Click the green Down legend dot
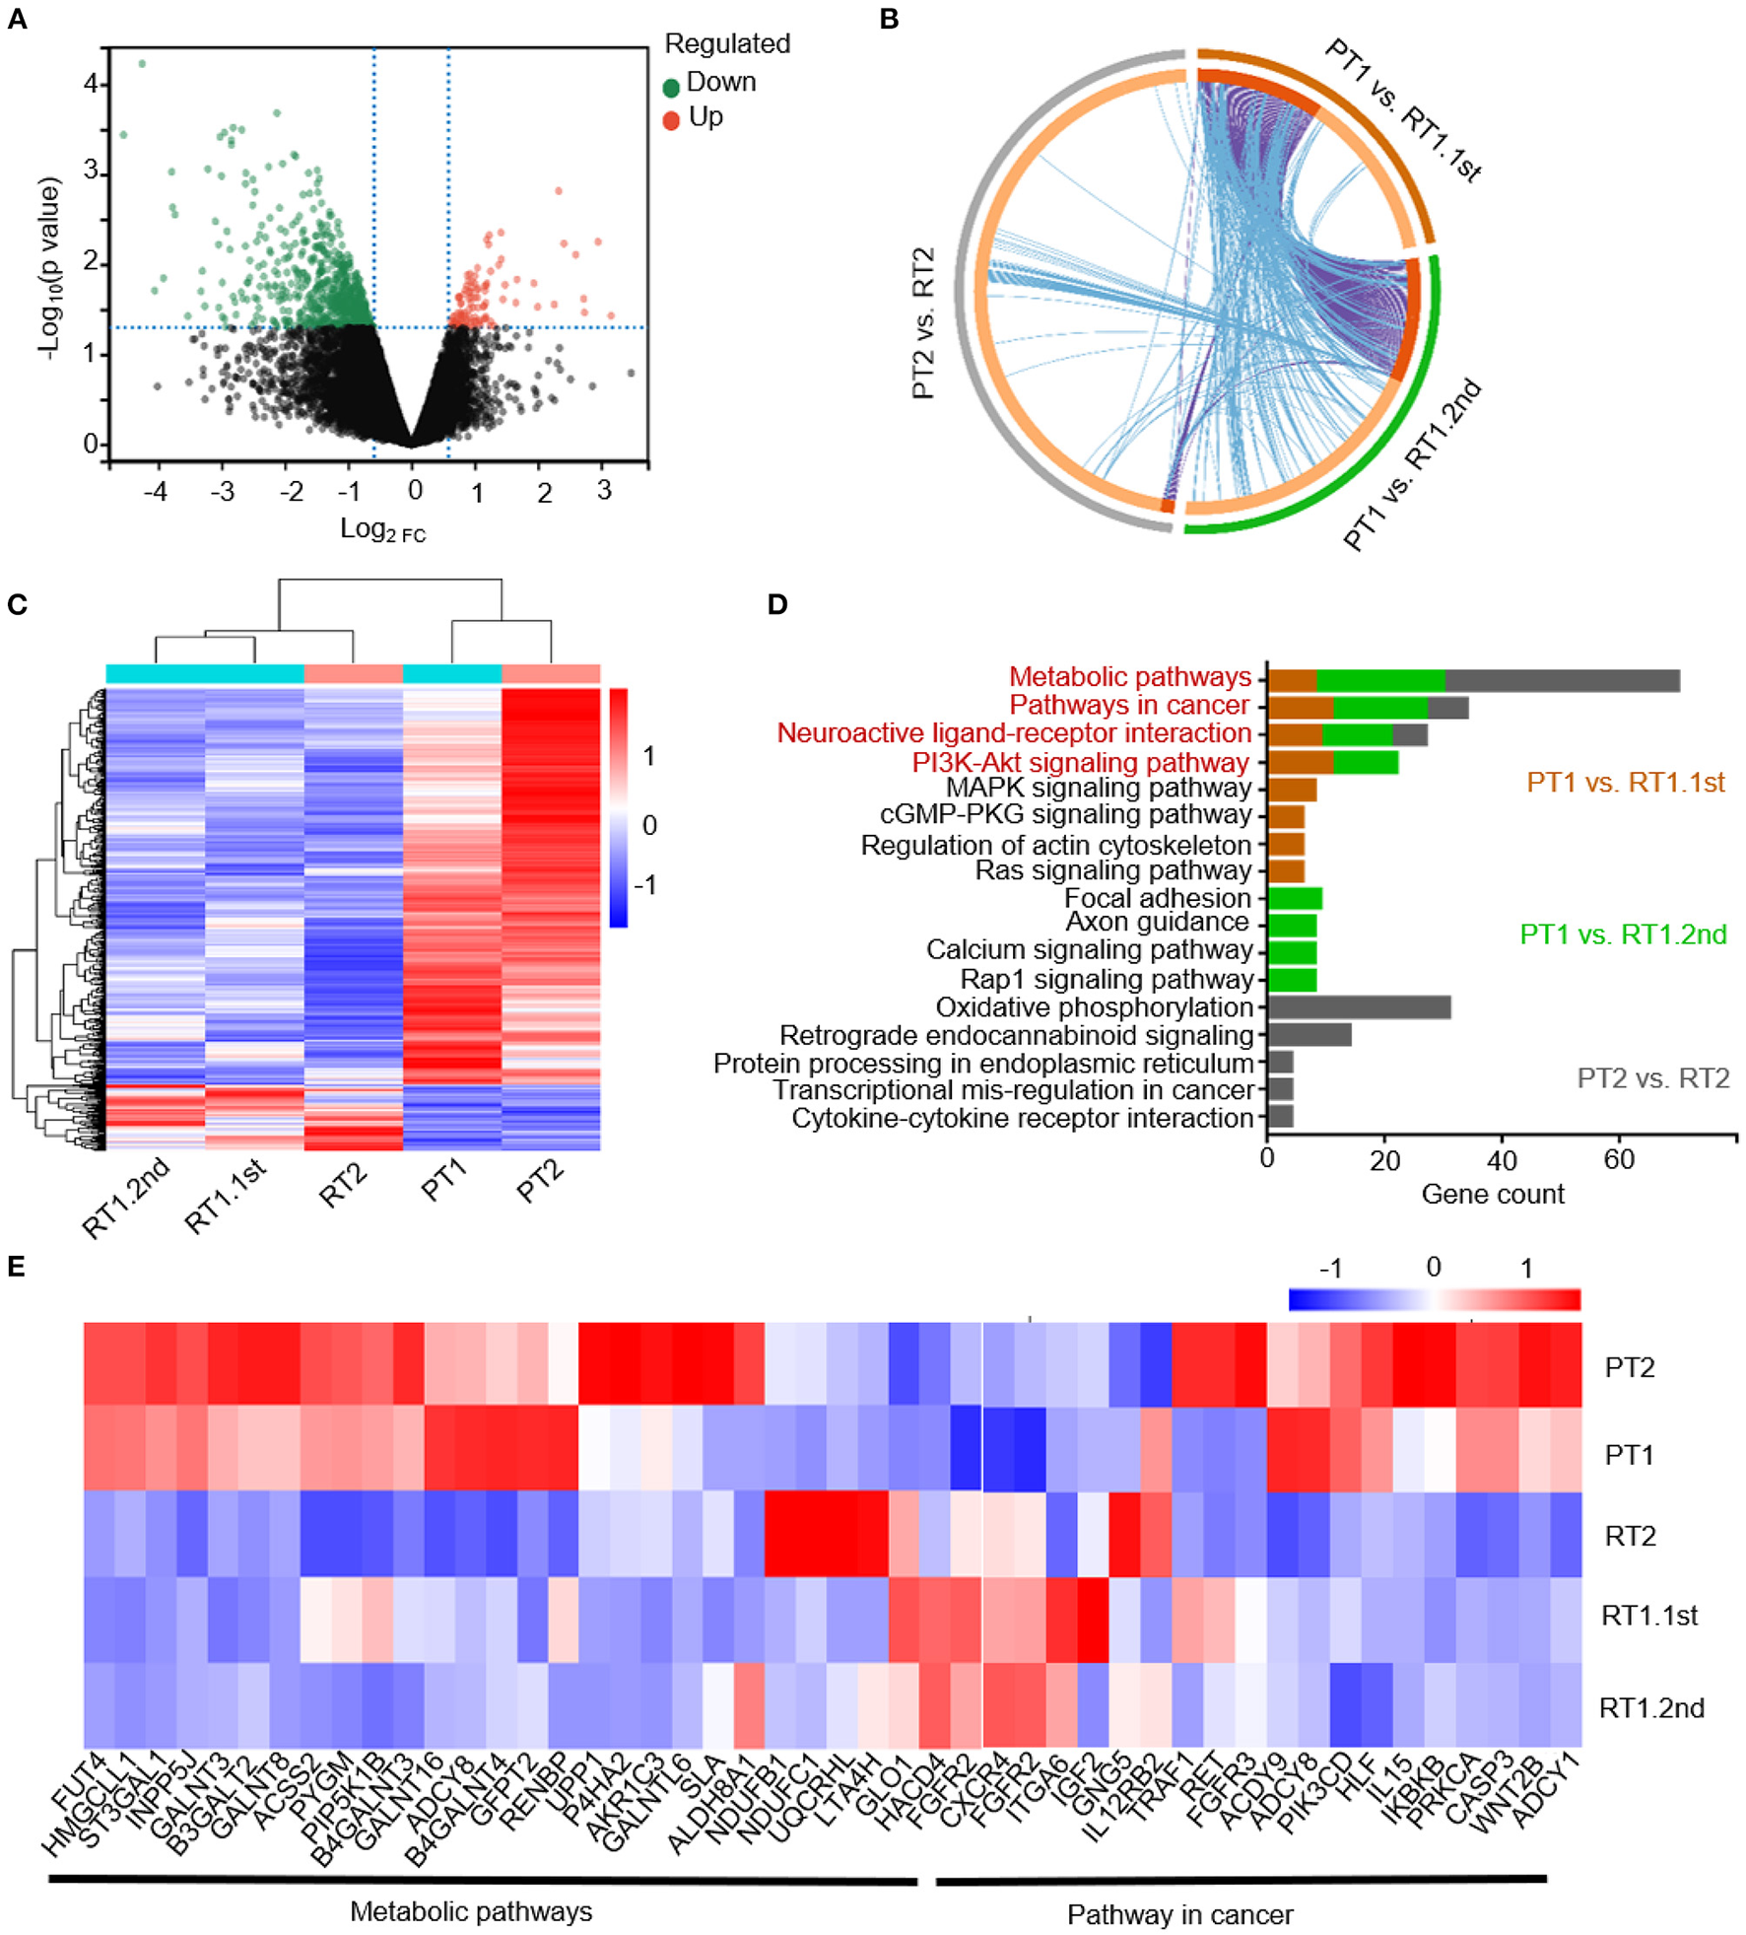(671, 88)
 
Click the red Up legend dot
(671, 121)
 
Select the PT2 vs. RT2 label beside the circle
(923, 323)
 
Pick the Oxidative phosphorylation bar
(1358, 1006)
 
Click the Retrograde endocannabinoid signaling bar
(1309, 1034)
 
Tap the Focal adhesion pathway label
(1157, 898)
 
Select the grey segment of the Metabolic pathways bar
(1561, 680)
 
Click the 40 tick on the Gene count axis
(1502, 1159)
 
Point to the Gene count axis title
(1492, 1194)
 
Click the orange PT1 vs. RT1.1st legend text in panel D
(1625, 783)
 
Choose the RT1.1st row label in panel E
(1648, 1615)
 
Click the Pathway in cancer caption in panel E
(1179, 1914)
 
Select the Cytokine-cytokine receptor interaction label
(1022, 1118)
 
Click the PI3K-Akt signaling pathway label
(1080, 762)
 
